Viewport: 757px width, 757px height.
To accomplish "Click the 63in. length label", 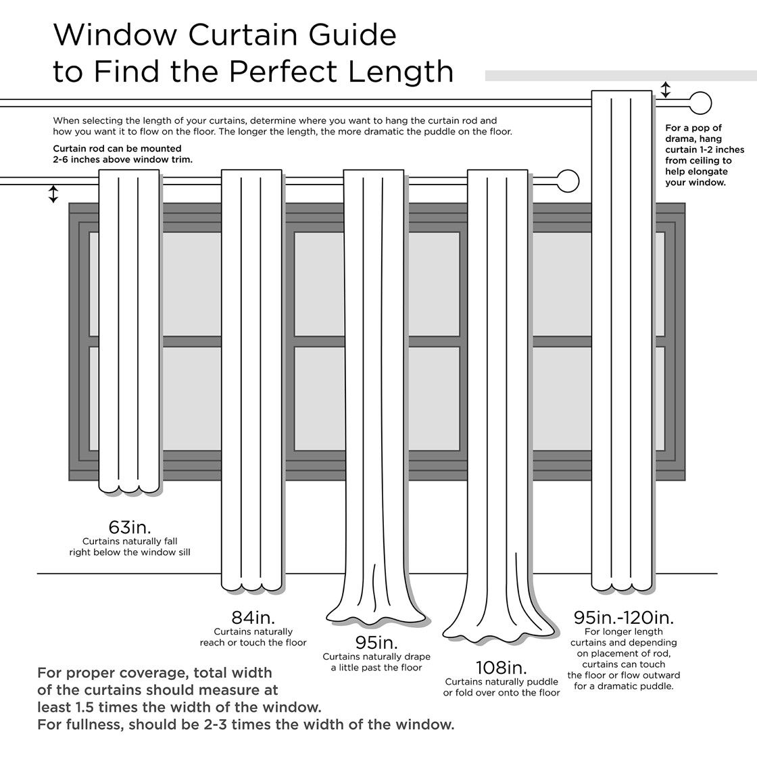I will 129,527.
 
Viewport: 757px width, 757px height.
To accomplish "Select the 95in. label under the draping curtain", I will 376,642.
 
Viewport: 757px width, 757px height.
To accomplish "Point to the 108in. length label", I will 501,667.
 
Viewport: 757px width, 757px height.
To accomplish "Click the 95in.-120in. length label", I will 623,617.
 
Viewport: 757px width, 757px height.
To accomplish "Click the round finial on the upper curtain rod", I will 702,104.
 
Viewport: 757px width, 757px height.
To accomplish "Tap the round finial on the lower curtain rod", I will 569,181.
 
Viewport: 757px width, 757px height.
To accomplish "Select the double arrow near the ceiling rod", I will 666,90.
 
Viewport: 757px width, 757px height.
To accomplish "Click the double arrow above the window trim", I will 53,194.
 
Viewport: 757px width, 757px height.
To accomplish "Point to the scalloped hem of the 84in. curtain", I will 251,582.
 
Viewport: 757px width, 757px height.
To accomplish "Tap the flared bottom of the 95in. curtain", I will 376,612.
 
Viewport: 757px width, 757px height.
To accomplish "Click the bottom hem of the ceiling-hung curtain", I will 622,583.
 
